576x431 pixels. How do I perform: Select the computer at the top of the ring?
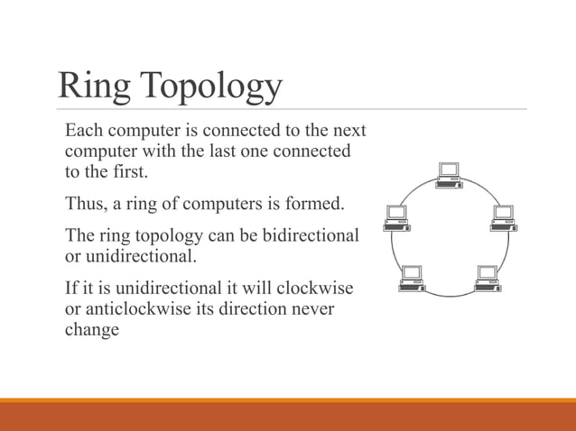tap(449, 174)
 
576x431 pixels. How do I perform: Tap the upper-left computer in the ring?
tap(395, 217)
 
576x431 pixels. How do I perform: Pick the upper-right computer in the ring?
tap(502, 217)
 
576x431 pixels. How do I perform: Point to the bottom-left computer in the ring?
tap(412, 279)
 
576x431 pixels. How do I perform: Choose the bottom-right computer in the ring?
tap(487, 279)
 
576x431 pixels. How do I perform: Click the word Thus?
tap(85, 203)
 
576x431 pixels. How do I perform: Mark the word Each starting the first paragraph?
tap(84, 132)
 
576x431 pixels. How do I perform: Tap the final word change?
tap(91, 330)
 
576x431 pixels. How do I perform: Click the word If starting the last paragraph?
tap(71, 289)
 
